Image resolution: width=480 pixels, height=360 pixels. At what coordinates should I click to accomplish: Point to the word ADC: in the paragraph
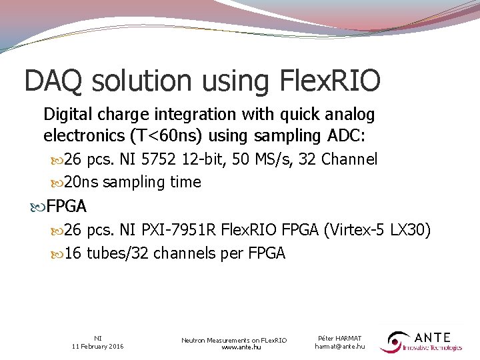[349, 136]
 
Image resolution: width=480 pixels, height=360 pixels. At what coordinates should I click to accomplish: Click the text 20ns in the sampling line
[82, 182]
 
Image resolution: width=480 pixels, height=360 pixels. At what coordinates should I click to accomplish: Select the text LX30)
[414, 231]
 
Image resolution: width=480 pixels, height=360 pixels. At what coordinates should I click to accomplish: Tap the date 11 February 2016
[98, 347]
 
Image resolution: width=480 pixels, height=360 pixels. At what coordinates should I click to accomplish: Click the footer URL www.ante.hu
[234, 347]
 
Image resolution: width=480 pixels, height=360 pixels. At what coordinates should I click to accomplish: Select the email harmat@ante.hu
[340, 347]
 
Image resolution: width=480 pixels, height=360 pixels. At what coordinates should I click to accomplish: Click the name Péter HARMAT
[340, 339]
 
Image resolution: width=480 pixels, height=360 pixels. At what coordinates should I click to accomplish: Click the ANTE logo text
[432, 338]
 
